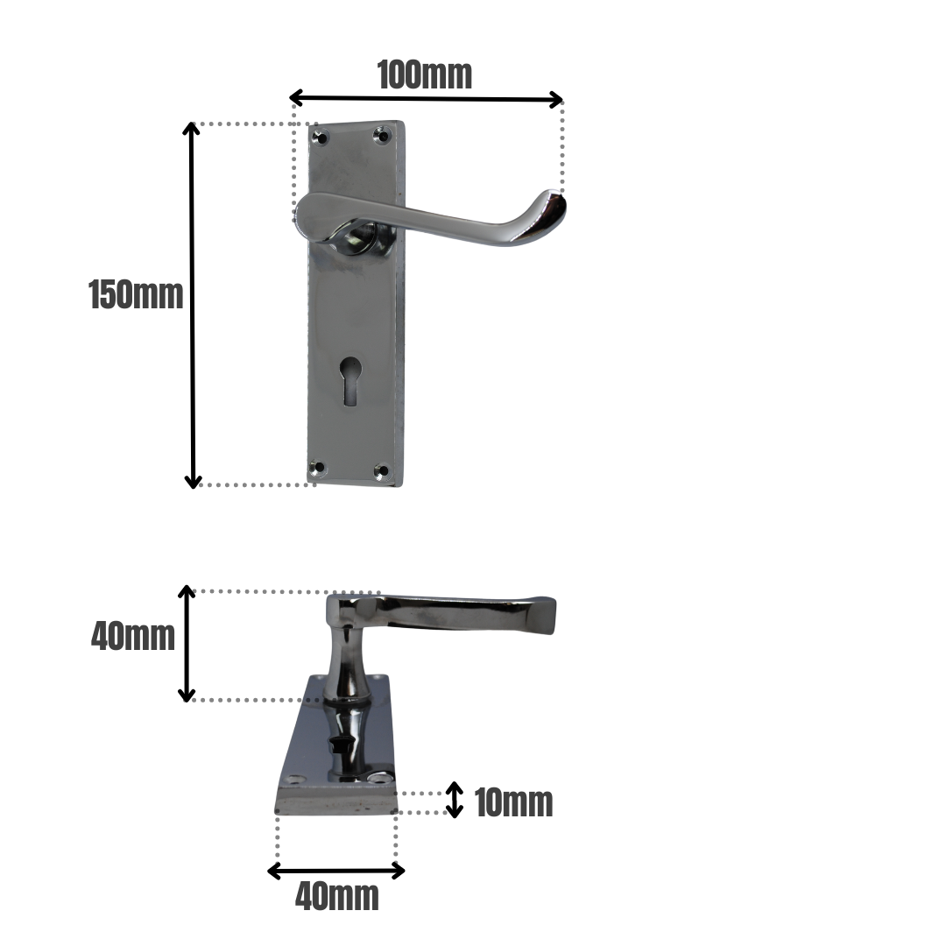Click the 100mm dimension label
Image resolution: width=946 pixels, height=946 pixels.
(x=425, y=75)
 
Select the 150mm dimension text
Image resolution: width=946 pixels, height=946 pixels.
(x=137, y=295)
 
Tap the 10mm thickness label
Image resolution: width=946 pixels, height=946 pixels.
(x=513, y=802)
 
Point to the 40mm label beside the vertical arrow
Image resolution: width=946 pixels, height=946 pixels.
(x=133, y=636)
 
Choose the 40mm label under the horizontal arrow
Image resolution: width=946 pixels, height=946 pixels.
(x=337, y=897)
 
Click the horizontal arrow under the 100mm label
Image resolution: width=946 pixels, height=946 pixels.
(x=426, y=98)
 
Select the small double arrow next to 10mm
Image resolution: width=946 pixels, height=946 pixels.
(x=454, y=799)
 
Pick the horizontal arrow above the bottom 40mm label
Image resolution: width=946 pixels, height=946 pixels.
(x=336, y=870)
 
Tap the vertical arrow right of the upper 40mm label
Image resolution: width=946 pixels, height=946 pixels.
(x=187, y=643)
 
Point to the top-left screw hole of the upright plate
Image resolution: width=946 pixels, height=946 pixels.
(x=321, y=138)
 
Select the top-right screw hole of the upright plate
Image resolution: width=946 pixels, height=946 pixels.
(x=381, y=134)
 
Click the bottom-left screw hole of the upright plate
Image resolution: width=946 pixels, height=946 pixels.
(x=319, y=469)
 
